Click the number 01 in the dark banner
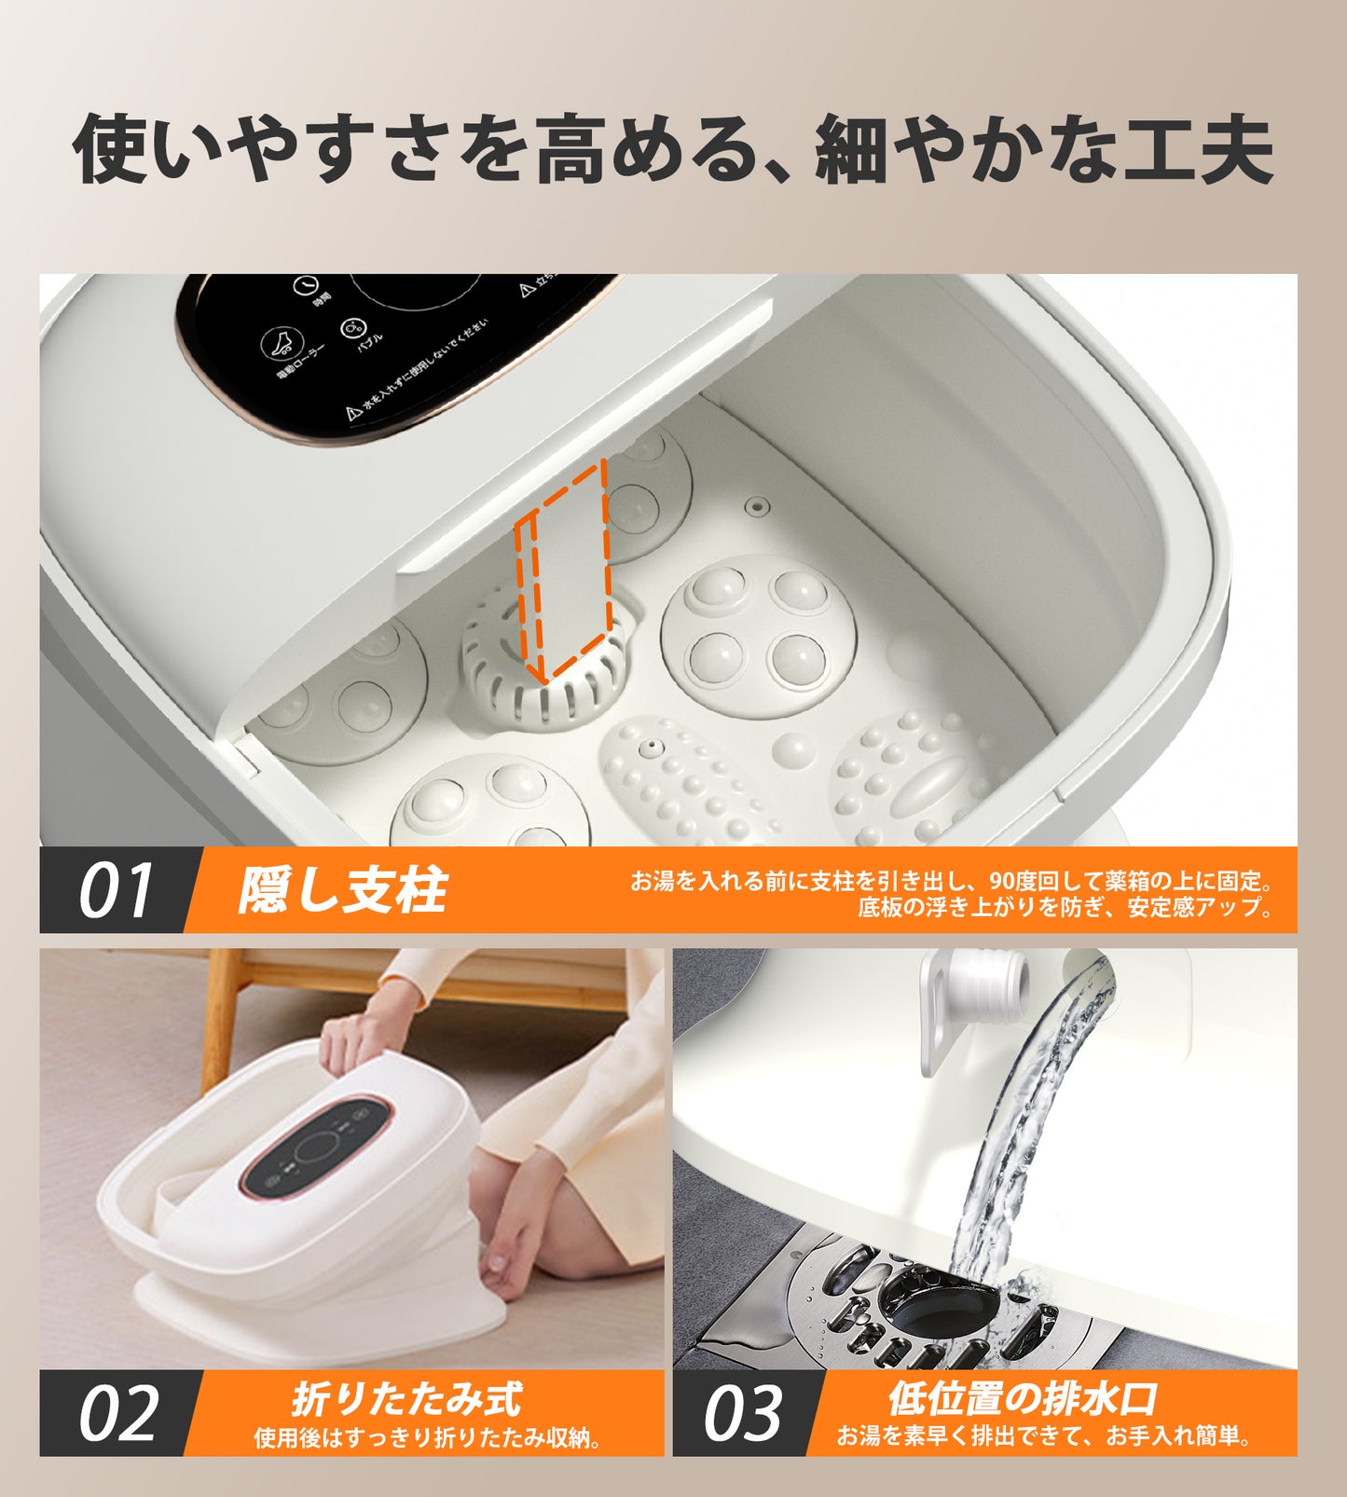click(114, 890)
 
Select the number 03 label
click(742, 1413)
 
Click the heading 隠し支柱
click(342, 890)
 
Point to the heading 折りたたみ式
click(407, 1399)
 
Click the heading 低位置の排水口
click(1023, 1398)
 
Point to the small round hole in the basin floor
click(758, 507)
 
